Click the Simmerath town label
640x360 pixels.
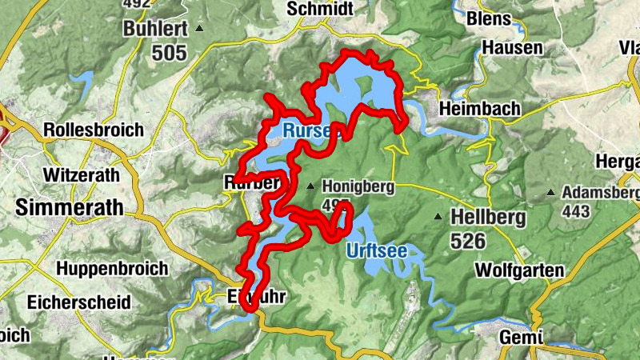coord(70,207)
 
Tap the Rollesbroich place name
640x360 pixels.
coord(94,130)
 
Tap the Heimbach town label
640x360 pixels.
coord(479,108)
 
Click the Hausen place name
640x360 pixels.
coord(512,49)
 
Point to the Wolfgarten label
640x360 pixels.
coord(518,270)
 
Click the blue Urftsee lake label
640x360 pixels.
coord(376,251)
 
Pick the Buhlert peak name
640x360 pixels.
coord(155,30)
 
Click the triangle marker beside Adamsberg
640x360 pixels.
coord(551,193)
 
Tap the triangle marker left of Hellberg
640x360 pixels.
coord(438,217)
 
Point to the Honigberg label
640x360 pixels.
coord(358,187)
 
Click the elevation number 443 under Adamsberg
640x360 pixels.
coord(575,211)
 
